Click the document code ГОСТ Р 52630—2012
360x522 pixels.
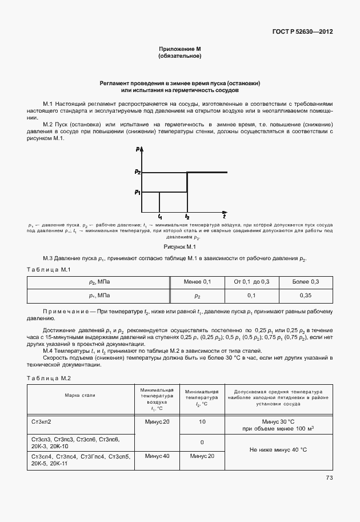coord(306,31)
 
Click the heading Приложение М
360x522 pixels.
coord(179,50)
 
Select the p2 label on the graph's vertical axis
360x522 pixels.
coord(138,172)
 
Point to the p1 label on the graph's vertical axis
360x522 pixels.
coord(138,192)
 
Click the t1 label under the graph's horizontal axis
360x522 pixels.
coord(160,218)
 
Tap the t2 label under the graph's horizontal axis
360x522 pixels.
coord(187,218)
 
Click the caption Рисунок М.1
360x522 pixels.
coord(179,246)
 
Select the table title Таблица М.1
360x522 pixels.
coord(49,269)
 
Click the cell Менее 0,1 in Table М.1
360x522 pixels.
coord(197,282)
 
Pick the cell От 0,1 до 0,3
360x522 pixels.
coord(251,282)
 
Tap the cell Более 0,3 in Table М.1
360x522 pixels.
coord(305,282)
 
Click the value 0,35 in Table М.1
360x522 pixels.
coord(305,296)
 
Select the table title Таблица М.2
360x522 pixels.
coord(49,378)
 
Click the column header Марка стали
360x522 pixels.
coord(80,395)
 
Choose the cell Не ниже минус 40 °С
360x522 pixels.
coord(278,450)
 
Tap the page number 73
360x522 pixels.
coord(329,477)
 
